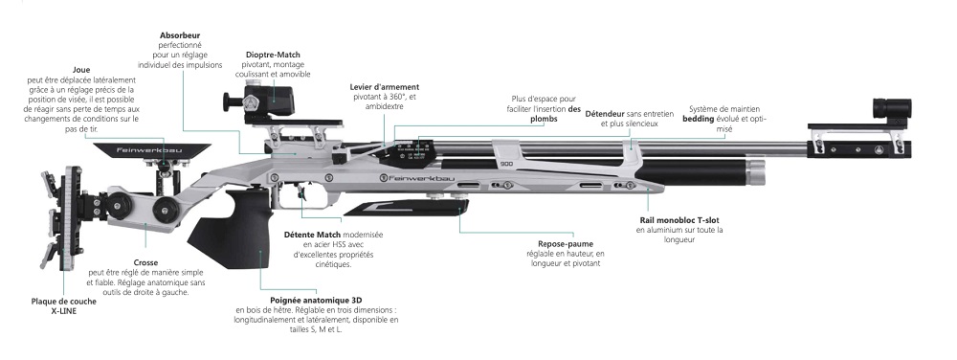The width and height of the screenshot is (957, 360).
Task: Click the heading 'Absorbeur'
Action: [x=180, y=35]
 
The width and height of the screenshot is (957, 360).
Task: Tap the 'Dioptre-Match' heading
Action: [x=273, y=55]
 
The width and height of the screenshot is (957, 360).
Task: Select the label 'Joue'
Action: [x=81, y=70]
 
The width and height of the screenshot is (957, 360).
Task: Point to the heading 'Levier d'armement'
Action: [x=385, y=87]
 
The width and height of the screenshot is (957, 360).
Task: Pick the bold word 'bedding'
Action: [x=698, y=119]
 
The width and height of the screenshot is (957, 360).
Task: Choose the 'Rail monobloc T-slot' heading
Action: [x=675, y=219]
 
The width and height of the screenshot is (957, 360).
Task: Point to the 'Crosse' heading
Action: [x=145, y=263]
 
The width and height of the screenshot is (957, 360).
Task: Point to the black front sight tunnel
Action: [x=891, y=108]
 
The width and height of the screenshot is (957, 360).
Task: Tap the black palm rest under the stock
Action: [x=406, y=208]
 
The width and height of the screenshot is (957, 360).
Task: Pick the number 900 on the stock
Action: [x=506, y=164]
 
